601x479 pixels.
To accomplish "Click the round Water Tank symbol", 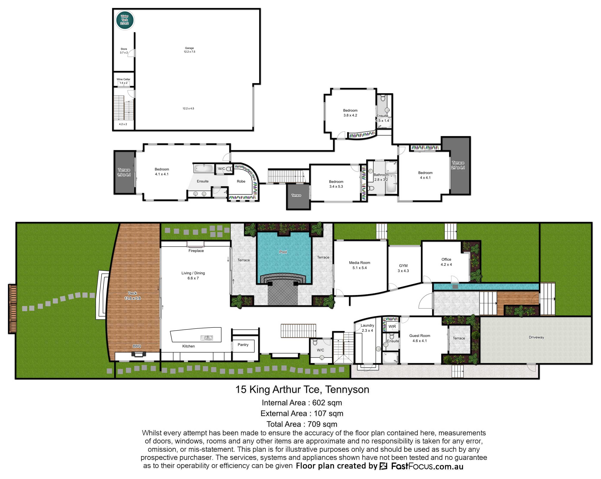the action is pos(125,20).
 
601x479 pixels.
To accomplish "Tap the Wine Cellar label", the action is pos(123,79).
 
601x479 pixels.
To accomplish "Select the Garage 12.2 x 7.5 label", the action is pos(189,50).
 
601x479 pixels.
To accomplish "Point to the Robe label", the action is pos(241,181).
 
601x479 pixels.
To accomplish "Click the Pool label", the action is pos(283,252).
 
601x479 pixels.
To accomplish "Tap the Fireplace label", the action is pos(196,251).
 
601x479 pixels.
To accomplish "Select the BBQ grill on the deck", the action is pos(138,354).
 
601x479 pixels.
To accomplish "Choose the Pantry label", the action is pos(243,345).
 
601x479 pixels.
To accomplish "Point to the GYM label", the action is pos(403,266).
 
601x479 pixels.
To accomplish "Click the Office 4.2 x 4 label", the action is pos(446,262).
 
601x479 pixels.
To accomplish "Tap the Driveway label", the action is pos(536,337).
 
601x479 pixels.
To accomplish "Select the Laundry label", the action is pos(367,326).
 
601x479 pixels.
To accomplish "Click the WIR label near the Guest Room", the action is pos(392,327).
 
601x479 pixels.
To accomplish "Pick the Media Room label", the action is pos(360,263).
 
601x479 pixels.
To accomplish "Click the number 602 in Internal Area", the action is pos(319,402).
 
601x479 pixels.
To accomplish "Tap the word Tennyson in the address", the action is pos(347,389).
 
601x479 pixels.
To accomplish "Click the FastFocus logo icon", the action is pos(384,466).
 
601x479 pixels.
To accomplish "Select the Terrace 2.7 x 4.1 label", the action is pos(458,165).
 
